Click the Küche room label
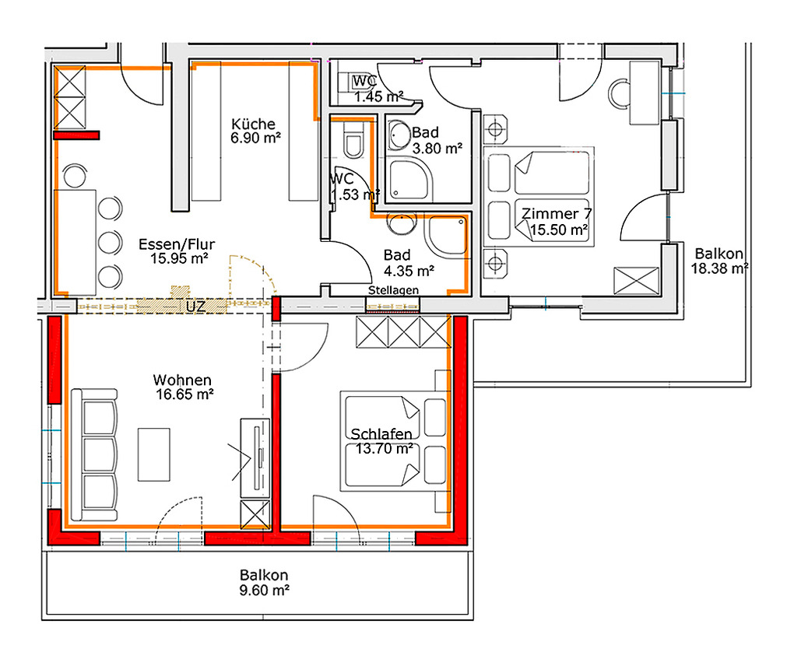point(253,124)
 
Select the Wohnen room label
point(182,380)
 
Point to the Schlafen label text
point(381,434)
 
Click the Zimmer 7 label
point(557,214)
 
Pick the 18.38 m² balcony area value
point(720,268)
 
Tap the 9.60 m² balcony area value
point(265,591)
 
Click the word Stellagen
point(393,290)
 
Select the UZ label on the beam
point(195,307)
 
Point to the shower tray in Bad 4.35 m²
point(447,236)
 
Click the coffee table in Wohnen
point(154,454)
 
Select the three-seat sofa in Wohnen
point(95,454)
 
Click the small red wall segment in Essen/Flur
point(76,135)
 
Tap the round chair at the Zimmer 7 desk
point(619,94)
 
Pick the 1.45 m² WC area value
point(379,96)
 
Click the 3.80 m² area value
point(437,149)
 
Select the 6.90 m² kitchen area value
point(256,138)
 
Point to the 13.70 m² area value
point(385,448)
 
